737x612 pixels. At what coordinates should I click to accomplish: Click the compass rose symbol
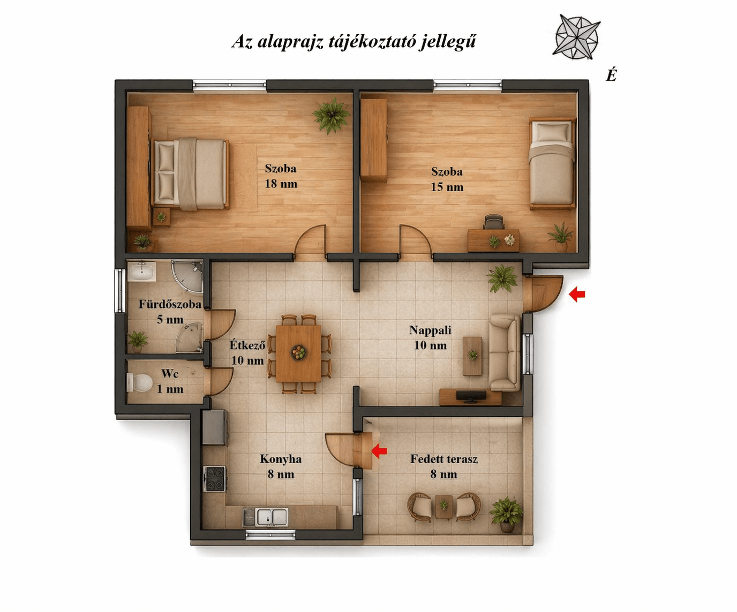pyautogui.click(x=576, y=37)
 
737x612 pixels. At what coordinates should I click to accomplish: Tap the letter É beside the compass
pyautogui.click(x=611, y=75)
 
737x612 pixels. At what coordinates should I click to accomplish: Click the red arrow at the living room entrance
pyautogui.click(x=577, y=294)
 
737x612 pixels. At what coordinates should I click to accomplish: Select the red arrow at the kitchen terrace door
pyautogui.click(x=379, y=451)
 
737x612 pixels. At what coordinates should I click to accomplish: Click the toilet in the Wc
pyautogui.click(x=139, y=382)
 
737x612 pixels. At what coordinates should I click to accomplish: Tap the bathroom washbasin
pyautogui.click(x=141, y=272)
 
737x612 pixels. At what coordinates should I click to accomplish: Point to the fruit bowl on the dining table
pyautogui.click(x=299, y=352)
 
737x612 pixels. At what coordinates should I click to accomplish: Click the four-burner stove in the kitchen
pyautogui.click(x=214, y=479)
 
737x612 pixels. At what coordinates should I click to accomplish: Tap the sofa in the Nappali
pyautogui.click(x=505, y=353)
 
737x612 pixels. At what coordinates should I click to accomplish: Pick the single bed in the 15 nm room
pyautogui.click(x=552, y=163)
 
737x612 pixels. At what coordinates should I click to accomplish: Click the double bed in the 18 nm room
pyautogui.click(x=191, y=173)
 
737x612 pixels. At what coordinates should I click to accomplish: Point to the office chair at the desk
pyautogui.click(x=493, y=222)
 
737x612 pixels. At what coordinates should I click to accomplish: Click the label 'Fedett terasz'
pyautogui.click(x=443, y=459)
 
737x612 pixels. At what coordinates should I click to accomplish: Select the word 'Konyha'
pyautogui.click(x=281, y=459)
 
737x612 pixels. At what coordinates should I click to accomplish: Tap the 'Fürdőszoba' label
pyautogui.click(x=170, y=304)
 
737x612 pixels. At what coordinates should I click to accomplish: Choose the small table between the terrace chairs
pyautogui.click(x=443, y=507)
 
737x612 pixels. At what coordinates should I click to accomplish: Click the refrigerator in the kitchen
pyautogui.click(x=215, y=427)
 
